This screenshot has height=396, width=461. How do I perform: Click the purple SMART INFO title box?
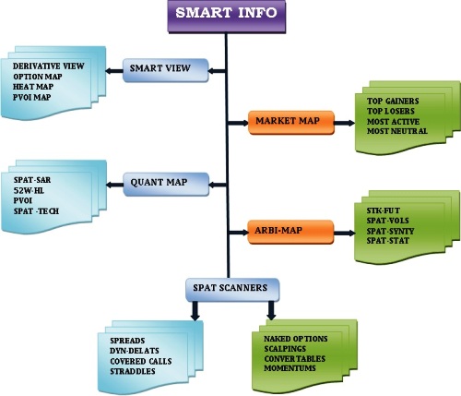(227, 16)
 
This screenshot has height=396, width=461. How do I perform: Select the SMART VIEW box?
(166, 70)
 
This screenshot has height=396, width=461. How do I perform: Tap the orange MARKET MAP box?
(291, 123)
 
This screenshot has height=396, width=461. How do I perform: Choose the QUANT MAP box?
(166, 185)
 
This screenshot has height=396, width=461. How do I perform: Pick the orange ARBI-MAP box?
(290, 232)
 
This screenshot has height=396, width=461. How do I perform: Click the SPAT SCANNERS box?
(232, 290)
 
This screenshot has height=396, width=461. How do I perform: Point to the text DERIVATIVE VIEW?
(48, 66)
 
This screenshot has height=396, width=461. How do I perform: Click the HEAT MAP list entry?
(33, 87)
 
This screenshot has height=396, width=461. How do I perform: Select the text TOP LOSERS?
(391, 111)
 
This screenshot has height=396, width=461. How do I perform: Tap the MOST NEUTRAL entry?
(397, 131)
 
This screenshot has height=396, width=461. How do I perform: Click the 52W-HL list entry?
(29, 191)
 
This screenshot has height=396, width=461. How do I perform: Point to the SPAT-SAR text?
(32, 180)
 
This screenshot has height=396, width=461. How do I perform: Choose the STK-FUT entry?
(384, 210)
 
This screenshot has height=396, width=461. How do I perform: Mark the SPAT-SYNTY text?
(390, 231)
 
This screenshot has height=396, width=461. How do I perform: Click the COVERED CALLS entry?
(141, 361)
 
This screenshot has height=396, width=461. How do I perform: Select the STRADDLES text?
(133, 371)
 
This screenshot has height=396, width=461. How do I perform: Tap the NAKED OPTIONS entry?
(296, 339)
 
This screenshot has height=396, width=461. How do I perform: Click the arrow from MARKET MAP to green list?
(345, 123)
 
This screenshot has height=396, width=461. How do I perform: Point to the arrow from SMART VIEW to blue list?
(114, 71)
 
